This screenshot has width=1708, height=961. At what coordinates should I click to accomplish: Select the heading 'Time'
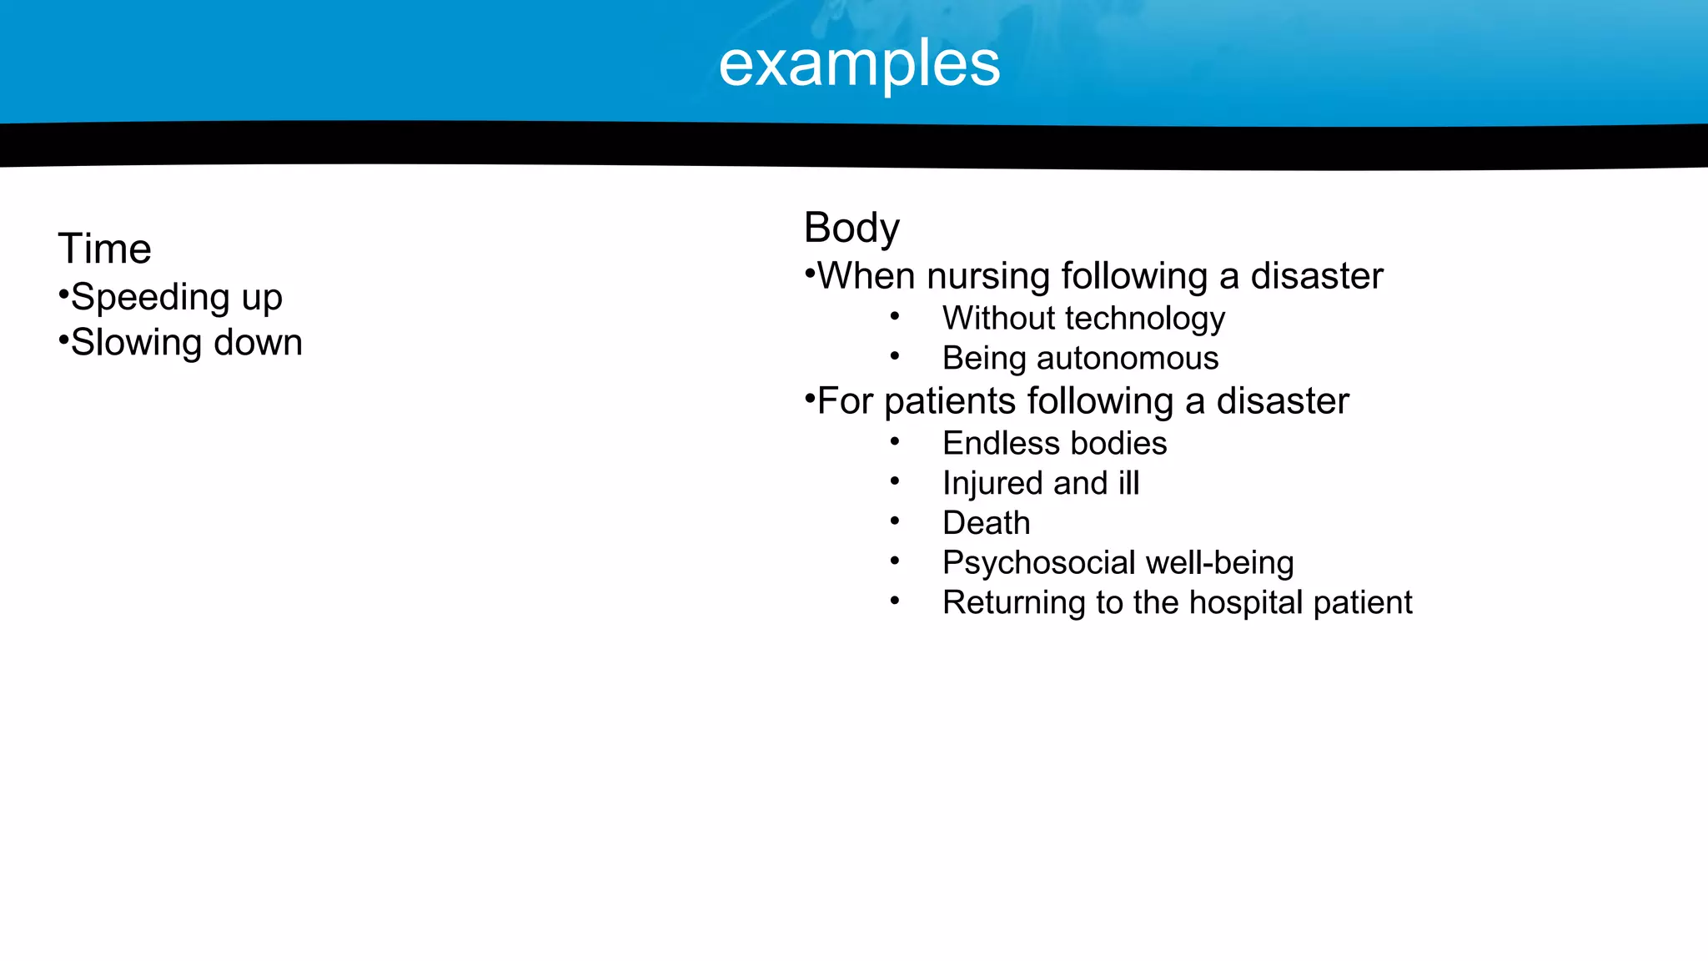(104, 249)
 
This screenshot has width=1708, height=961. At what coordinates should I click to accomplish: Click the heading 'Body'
(851, 227)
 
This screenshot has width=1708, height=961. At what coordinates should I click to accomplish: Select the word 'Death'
(986, 523)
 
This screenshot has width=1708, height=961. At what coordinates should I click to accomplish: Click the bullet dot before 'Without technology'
(894, 317)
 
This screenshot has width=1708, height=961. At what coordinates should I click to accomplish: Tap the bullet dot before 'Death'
(894, 522)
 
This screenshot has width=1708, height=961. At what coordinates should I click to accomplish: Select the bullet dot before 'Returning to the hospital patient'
(894, 601)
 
